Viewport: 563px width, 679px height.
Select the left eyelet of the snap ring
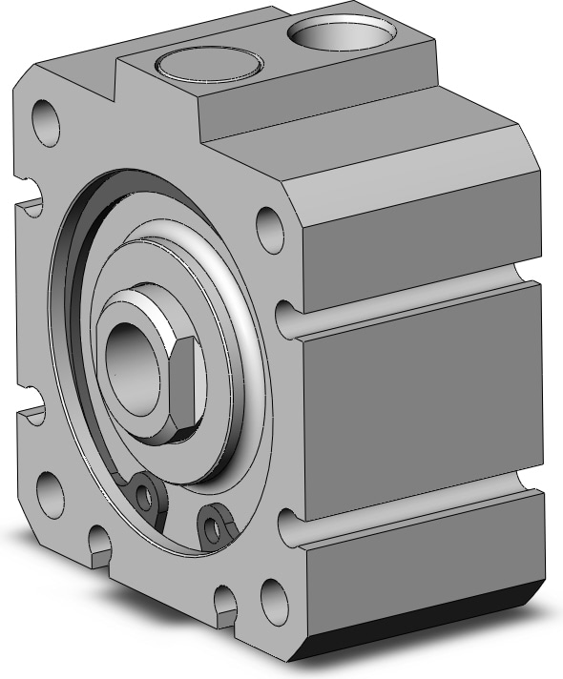[x=144, y=493]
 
